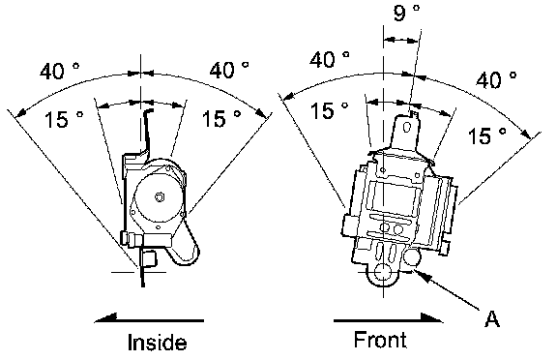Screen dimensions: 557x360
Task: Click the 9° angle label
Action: click(406, 14)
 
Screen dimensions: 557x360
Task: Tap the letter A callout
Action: click(491, 318)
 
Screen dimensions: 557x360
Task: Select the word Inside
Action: click(157, 343)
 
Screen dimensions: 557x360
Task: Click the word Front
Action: click(380, 339)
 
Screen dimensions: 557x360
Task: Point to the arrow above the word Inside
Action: click(149, 320)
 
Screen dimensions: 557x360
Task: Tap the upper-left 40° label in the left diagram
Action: click(60, 71)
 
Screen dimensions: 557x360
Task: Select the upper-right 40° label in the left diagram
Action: click(229, 70)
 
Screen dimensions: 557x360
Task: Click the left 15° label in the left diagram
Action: click(64, 119)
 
